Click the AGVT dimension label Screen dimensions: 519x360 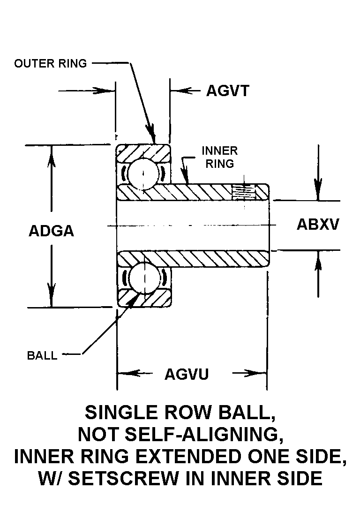click(227, 90)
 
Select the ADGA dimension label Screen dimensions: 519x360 click(52, 231)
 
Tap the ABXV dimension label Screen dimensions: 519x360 click(318, 225)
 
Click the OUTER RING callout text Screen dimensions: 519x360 click(51, 64)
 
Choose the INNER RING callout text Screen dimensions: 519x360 click(219, 157)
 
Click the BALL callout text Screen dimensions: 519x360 click(42, 355)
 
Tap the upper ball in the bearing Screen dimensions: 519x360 click(143, 173)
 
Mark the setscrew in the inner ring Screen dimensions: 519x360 click(244, 191)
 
